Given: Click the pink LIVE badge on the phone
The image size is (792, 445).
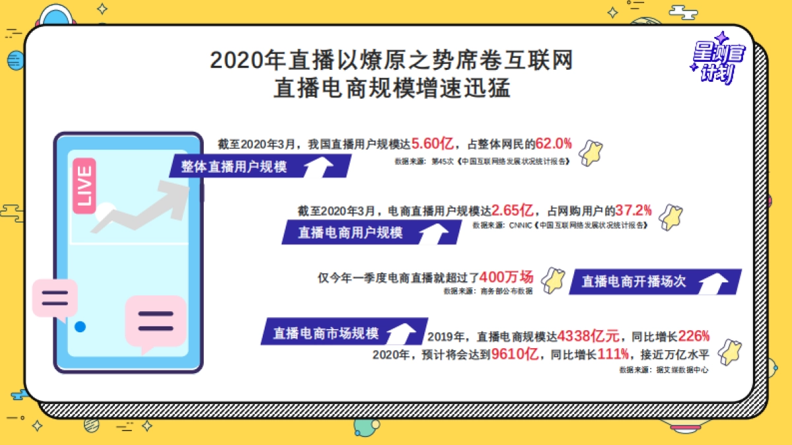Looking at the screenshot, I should point(84,185).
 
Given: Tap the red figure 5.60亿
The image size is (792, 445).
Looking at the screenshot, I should point(432,143).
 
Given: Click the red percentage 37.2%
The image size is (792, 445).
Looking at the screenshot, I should point(634,211).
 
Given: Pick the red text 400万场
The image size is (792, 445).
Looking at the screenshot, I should point(506,277).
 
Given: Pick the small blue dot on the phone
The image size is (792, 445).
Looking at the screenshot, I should point(80,326).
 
